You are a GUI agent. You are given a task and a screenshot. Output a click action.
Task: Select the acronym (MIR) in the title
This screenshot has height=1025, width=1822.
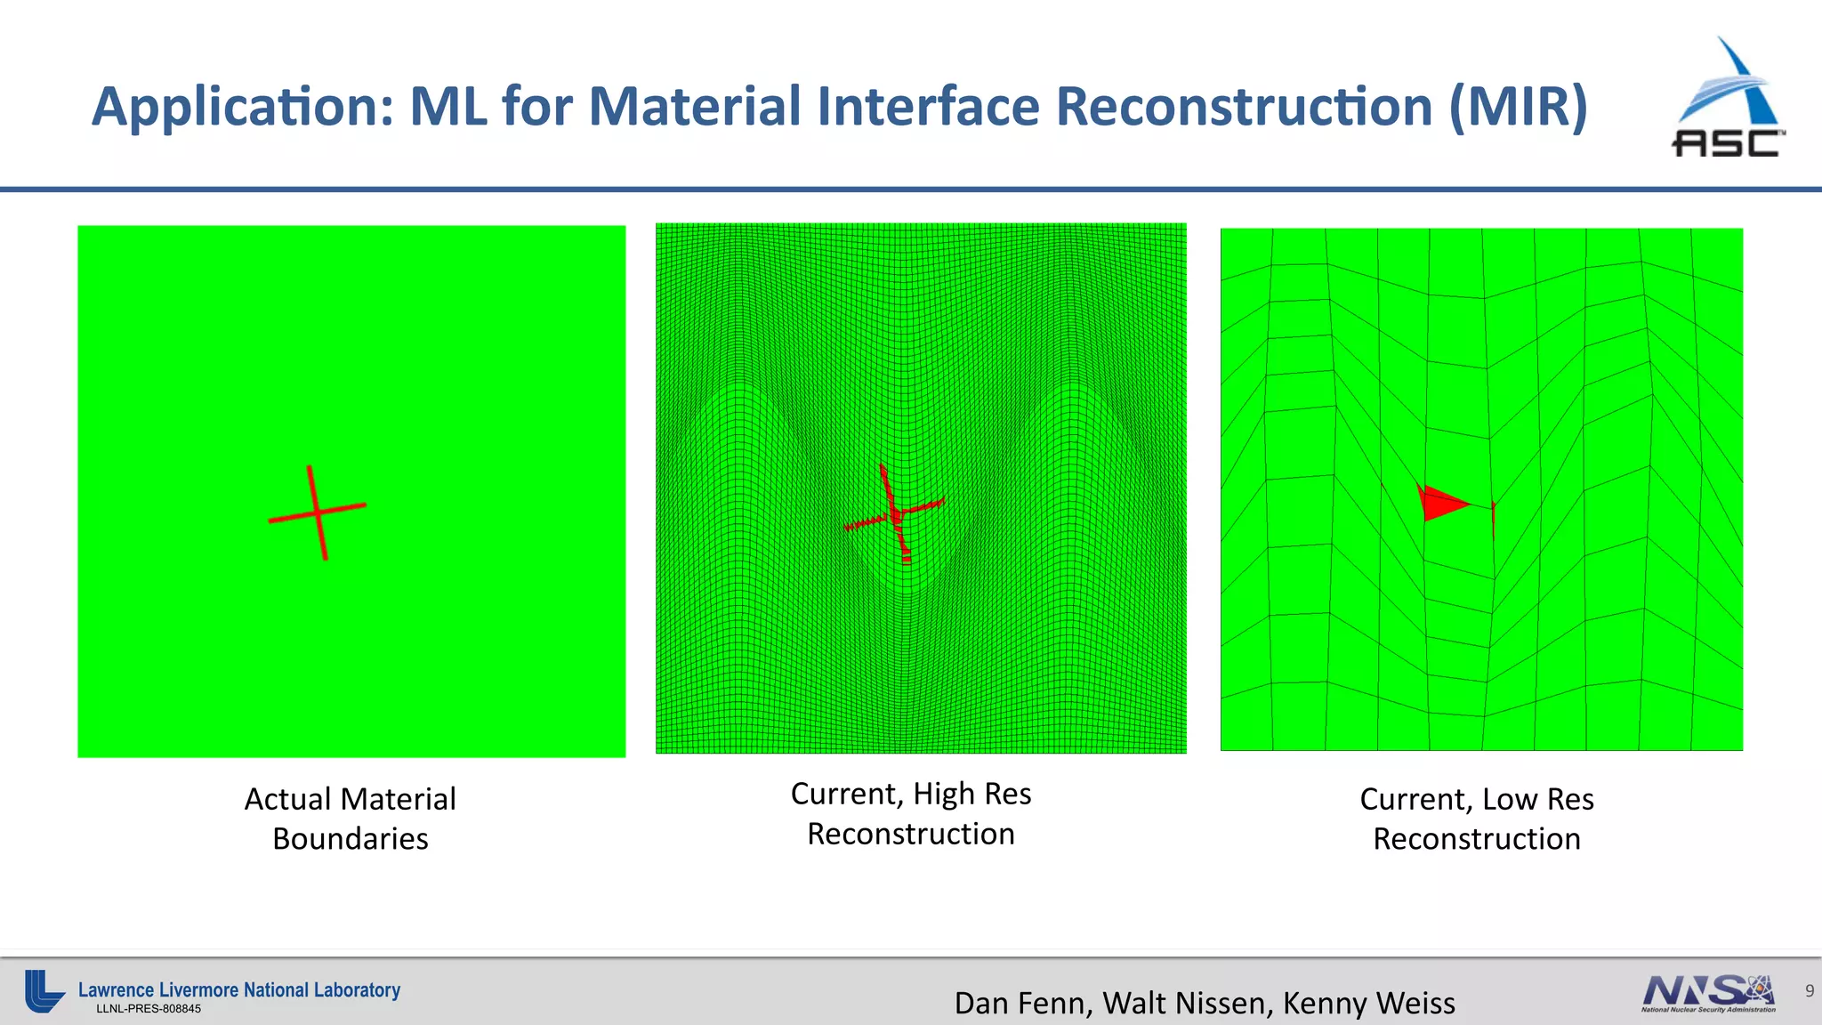[1518, 107]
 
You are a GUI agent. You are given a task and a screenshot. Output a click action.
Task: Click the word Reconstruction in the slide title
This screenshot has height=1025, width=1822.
[1244, 107]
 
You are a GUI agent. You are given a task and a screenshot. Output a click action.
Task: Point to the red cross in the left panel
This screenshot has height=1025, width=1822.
[318, 512]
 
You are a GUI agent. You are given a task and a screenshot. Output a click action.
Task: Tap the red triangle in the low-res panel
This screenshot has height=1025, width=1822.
[1441, 503]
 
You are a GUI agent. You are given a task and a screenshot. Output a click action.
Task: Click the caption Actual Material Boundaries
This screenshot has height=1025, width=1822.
[351, 819]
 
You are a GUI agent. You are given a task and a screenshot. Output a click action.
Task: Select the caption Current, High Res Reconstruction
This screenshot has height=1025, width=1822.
[911, 813]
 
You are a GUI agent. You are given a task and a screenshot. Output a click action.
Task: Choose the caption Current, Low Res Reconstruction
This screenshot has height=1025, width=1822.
[1477, 819]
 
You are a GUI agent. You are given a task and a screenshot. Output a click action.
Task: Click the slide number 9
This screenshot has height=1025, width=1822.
[1809, 990]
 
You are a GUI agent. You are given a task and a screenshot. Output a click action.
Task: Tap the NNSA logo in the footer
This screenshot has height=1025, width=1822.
[1708, 993]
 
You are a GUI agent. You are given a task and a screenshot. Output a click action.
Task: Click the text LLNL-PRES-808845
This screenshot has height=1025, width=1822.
[149, 1009]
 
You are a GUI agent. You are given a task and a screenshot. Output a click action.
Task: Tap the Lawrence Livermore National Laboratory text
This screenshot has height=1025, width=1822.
[239, 989]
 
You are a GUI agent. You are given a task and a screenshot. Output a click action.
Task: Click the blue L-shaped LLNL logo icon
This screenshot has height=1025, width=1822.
[43, 991]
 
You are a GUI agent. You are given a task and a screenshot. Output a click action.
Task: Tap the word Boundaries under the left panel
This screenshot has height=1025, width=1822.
[351, 839]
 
